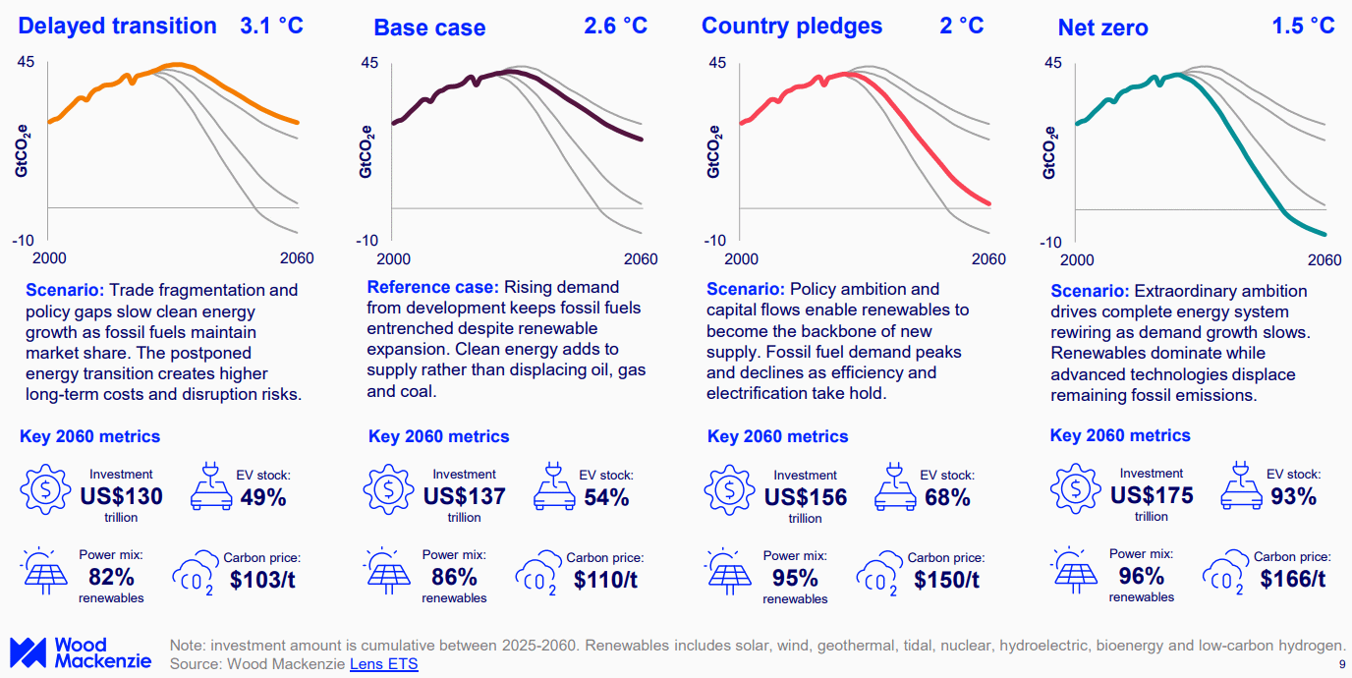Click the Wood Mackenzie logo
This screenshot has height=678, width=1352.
tap(80, 652)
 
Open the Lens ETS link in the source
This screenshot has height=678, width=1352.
tap(383, 664)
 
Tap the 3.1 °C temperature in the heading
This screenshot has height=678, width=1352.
tap(272, 26)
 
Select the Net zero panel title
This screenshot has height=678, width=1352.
tap(1102, 28)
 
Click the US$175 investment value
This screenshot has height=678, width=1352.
tap(1152, 494)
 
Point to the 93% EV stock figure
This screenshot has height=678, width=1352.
tap(1292, 496)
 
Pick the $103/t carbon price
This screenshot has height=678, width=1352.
tap(262, 579)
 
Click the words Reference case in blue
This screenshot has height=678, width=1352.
tap(433, 287)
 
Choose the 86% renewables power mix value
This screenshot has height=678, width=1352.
tap(454, 576)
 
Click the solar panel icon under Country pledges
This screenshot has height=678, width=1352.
tap(729, 572)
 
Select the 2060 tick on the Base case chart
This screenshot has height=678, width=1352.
tap(641, 259)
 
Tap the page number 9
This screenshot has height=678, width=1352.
tap(1342, 665)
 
